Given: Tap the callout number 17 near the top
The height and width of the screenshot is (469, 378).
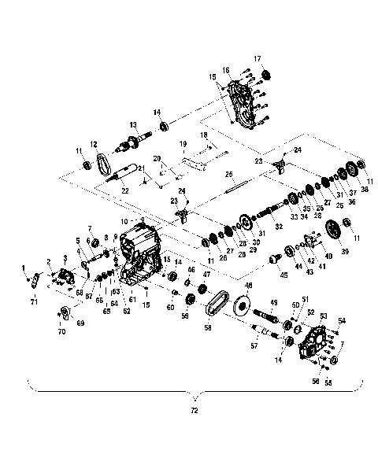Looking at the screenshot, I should (x=257, y=59).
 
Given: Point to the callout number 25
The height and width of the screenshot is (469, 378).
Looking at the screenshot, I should (x=230, y=174).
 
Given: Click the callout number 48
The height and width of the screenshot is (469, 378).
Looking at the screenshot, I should (x=248, y=285).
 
